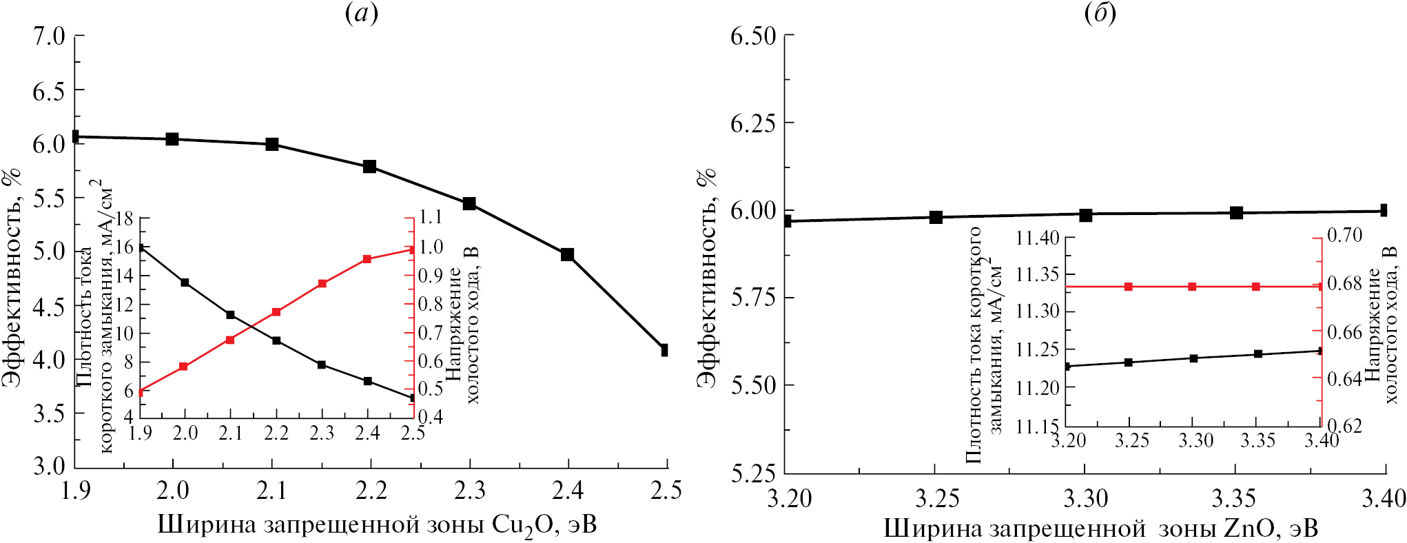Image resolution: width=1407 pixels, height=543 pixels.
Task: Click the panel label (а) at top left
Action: point(361,13)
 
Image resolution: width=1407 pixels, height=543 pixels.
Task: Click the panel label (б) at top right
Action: point(1100,13)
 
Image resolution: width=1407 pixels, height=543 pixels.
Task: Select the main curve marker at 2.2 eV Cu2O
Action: point(369,167)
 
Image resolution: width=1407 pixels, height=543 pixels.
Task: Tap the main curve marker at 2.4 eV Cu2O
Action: point(567,255)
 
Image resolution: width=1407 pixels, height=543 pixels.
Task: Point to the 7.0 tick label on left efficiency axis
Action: point(49,36)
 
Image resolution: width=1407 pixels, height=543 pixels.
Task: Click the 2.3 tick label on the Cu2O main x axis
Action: point(469,491)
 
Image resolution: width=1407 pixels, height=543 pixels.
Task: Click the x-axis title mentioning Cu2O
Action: point(377,526)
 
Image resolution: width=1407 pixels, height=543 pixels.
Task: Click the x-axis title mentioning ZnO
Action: point(1100,529)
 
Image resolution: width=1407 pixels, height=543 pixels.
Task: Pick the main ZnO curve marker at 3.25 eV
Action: point(936,218)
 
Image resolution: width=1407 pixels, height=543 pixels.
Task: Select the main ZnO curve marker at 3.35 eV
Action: point(1236,212)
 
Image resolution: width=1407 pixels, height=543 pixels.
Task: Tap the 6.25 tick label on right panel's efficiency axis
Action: point(753,123)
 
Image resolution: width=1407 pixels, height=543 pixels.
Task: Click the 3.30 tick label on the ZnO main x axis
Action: point(1085,498)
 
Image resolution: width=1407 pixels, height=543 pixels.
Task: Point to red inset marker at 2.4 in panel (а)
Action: point(367,259)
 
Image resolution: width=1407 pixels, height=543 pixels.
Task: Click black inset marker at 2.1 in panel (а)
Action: point(231,315)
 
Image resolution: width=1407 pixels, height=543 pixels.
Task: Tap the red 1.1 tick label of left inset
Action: point(431,218)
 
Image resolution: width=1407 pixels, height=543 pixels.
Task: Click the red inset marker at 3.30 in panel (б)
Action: point(1193,287)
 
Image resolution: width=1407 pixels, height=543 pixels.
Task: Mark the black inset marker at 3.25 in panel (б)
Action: point(1129,362)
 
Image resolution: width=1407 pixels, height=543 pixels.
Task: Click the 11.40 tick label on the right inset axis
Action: point(1037,239)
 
